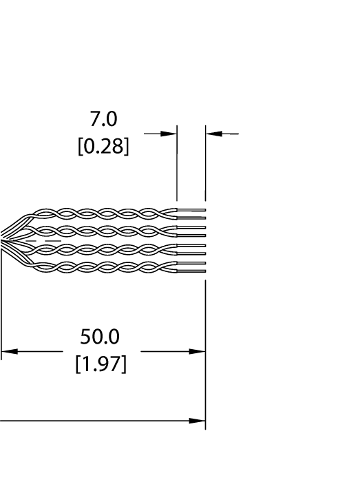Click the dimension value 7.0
click(103, 120)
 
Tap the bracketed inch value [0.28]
click(103, 147)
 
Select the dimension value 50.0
click(100, 337)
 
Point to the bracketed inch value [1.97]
click(100, 364)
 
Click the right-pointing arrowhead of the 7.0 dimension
click(169, 134)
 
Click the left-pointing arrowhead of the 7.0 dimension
click(214, 134)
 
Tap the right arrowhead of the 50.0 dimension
click(198, 352)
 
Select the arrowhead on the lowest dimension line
click(198, 421)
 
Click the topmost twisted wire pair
click(103, 213)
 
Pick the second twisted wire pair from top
click(103, 231)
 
